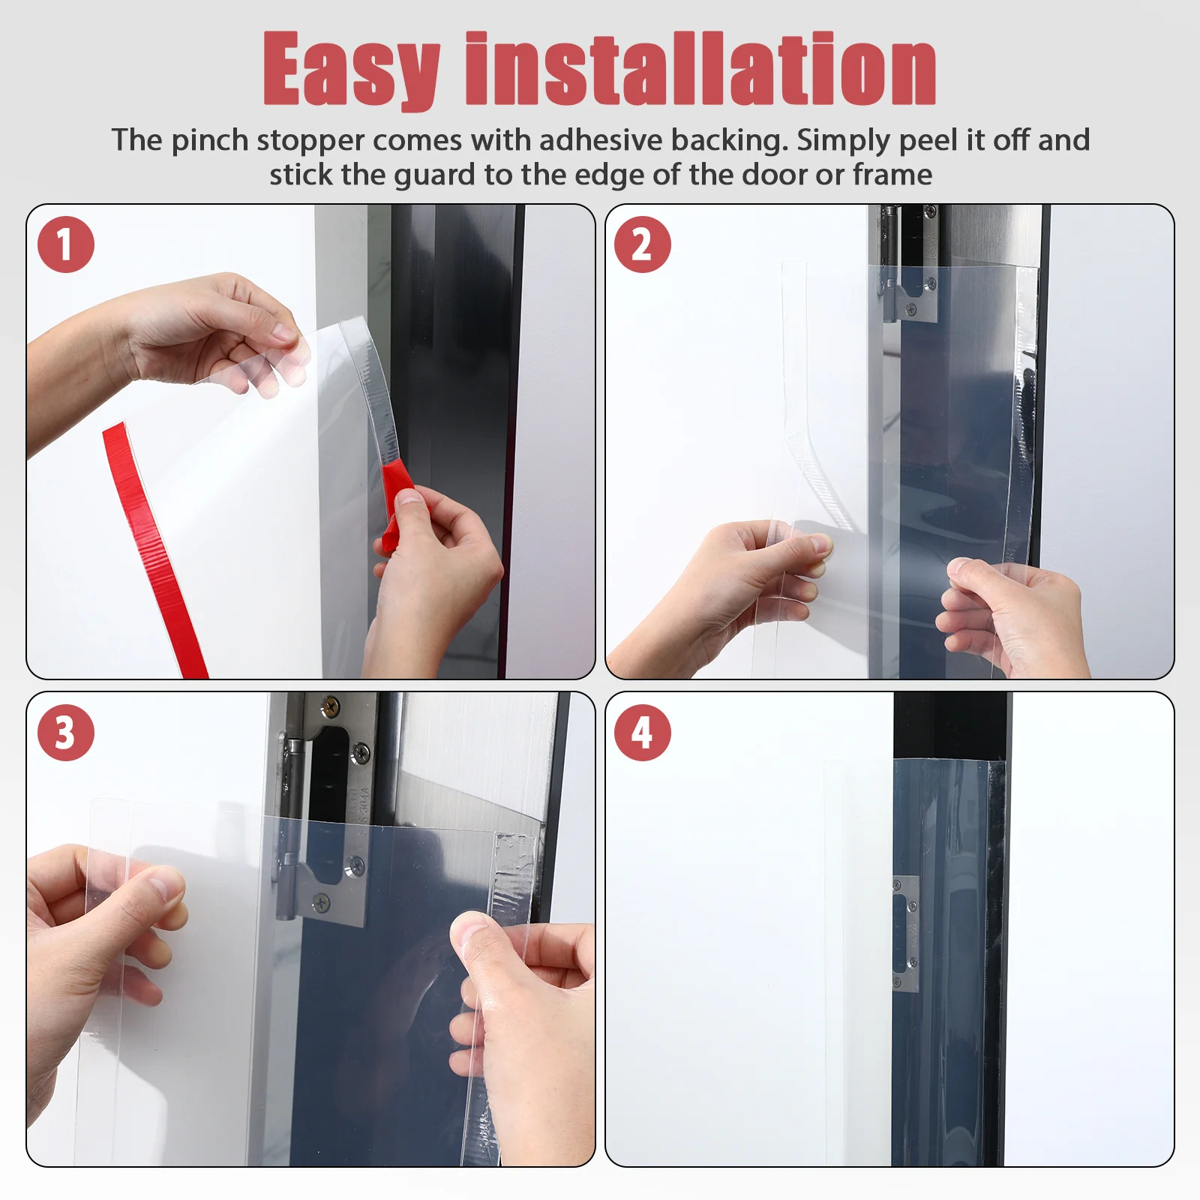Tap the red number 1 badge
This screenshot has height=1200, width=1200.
[66, 244]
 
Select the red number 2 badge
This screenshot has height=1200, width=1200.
[643, 244]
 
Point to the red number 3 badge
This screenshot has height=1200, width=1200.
[66, 733]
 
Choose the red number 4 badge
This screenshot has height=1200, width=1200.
[643, 733]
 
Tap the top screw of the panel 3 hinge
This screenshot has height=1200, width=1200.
[329, 705]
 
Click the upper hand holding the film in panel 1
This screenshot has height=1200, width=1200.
[195, 334]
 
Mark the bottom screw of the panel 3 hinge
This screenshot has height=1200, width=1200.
[323, 902]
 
